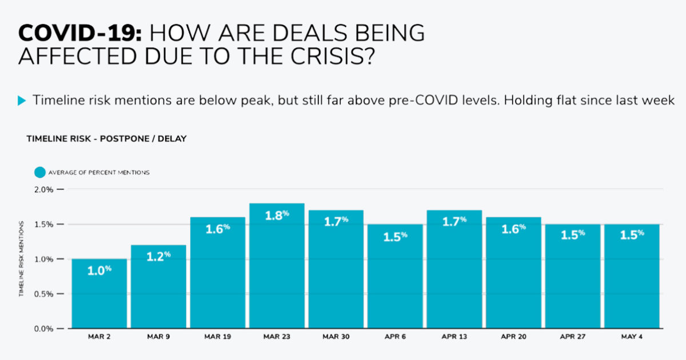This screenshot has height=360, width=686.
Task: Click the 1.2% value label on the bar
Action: (158, 257)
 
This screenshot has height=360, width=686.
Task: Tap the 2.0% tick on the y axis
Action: (44, 189)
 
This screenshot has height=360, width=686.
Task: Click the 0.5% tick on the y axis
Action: (44, 294)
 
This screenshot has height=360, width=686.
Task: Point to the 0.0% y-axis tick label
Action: (44, 329)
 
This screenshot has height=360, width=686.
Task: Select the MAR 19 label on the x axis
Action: (217, 337)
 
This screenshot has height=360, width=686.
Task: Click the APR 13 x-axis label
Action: (454, 337)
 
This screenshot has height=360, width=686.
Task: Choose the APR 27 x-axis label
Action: (573, 337)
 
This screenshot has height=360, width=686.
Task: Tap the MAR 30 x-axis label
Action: (336, 337)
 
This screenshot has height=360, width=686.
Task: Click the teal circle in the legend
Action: (39, 172)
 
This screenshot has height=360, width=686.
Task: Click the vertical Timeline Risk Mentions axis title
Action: (21, 259)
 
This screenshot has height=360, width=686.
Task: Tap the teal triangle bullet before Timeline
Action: (22, 101)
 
